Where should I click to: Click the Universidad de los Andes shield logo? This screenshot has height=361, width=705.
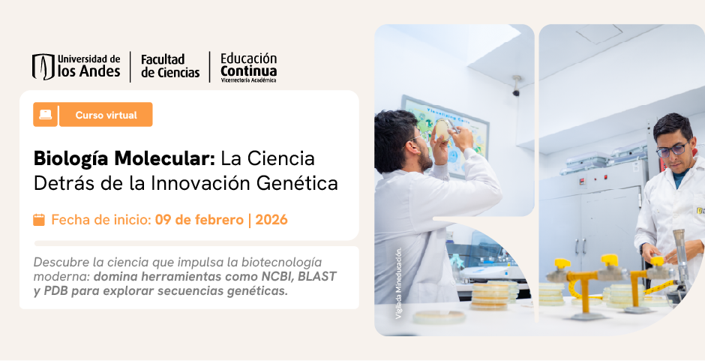point(43,66)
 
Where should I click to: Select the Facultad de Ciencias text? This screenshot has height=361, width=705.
point(170,66)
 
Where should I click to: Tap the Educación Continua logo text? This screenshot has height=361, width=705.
point(248,66)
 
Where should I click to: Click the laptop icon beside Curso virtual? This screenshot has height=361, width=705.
point(46,115)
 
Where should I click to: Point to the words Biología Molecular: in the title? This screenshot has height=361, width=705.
point(124,159)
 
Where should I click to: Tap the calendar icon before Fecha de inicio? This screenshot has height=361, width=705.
point(39,220)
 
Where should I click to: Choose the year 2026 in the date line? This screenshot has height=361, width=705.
point(271,220)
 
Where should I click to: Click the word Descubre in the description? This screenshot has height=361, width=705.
point(61,262)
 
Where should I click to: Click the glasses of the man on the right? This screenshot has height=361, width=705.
point(672,149)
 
